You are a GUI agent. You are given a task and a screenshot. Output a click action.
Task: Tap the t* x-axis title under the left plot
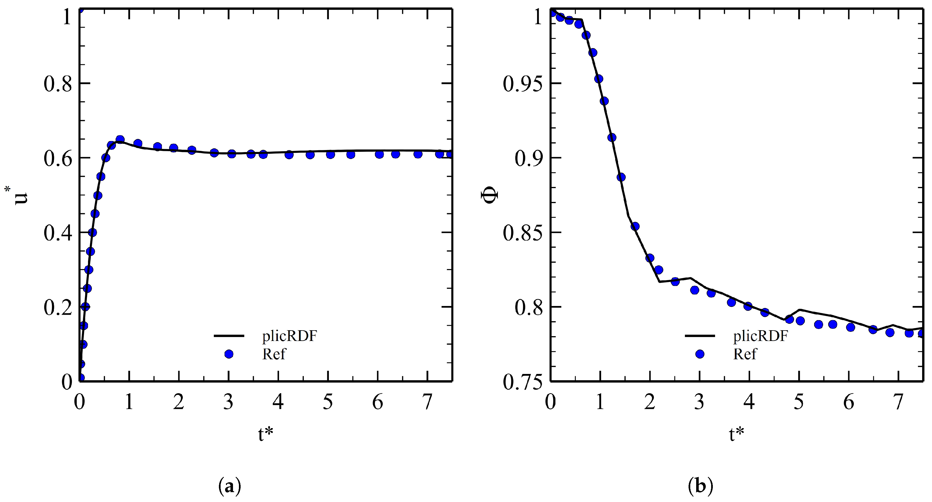click(x=265, y=434)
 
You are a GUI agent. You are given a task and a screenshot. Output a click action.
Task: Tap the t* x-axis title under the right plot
click(x=736, y=434)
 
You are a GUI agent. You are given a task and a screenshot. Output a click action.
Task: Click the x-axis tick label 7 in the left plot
click(x=428, y=402)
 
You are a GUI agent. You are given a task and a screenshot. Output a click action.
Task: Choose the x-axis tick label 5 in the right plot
click(x=799, y=402)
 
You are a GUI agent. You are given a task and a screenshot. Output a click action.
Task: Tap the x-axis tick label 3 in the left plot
click(x=228, y=402)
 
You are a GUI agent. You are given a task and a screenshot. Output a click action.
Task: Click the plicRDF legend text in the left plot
click(x=289, y=336)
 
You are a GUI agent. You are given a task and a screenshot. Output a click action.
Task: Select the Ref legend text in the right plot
click(x=745, y=354)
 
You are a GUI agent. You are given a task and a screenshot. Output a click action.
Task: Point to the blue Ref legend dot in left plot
click(x=229, y=354)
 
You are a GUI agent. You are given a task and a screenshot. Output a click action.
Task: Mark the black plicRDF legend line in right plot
click(x=700, y=336)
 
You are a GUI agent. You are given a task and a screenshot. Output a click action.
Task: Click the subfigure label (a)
click(x=230, y=487)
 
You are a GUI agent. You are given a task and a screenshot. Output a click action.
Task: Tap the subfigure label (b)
click(x=700, y=487)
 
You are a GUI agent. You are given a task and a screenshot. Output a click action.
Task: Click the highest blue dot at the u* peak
click(x=120, y=140)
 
